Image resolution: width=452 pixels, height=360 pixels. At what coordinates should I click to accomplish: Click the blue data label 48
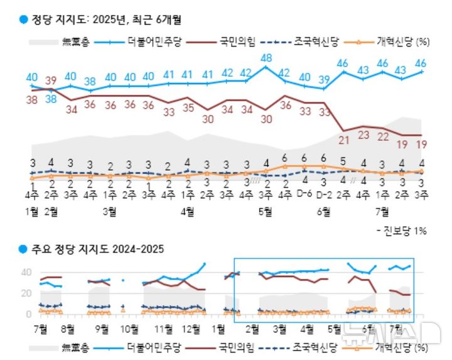(x=266, y=58)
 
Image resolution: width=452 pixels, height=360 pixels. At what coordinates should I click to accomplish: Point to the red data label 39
(x=51, y=80)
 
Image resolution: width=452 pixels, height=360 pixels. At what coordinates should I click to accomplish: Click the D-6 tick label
(x=305, y=194)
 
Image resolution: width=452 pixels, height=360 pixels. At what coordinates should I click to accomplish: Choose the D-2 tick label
(x=324, y=194)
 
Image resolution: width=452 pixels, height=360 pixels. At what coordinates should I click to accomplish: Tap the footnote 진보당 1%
(x=404, y=231)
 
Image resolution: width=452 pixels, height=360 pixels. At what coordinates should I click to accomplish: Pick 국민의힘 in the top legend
(x=237, y=42)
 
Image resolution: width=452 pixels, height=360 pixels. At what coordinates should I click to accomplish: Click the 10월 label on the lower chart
(x=129, y=328)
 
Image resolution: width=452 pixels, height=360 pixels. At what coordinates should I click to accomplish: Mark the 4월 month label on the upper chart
(x=186, y=212)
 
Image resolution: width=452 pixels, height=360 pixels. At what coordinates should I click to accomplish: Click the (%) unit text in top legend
(x=422, y=42)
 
